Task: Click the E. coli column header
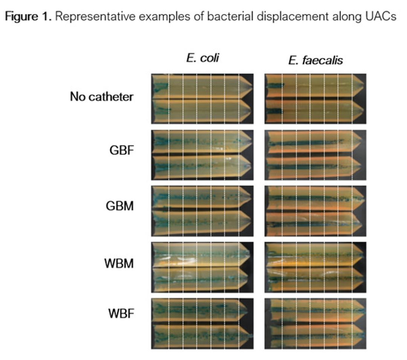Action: [202, 58]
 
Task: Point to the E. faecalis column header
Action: [315, 60]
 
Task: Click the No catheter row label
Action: [102, 97]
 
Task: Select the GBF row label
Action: [122, 150]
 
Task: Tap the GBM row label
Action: [120, 206]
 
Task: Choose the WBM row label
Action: [119, 264]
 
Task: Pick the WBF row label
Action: [121, 313]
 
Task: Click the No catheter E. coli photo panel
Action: [202, 99]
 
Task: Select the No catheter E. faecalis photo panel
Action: [315, 99]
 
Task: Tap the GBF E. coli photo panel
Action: [202, 155]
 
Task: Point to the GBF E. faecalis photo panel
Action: [315, 155]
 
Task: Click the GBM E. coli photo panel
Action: [202, 211]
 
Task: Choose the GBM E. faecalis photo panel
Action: [315, 211]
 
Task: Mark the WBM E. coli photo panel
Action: [202, 267]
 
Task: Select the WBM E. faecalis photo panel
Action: [315, 267]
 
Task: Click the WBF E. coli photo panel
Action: [202, 324]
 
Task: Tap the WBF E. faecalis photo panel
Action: [315, 324]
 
